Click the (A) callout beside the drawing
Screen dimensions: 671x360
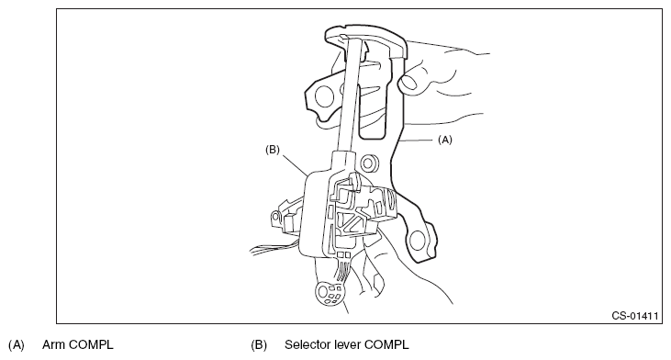pos(444,140)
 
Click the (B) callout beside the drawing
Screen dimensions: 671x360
pos(273,150)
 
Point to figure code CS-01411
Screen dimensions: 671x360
pos(634,316)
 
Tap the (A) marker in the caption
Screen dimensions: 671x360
pos(17,344)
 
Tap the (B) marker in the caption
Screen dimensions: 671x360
pos(259,344)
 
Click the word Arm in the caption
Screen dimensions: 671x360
pos(53,344)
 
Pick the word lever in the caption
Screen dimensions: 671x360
pos(347,344)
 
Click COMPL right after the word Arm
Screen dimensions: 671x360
pos(91,344)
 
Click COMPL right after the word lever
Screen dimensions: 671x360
pos(386,344)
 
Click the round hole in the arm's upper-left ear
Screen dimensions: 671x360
pos(324,96)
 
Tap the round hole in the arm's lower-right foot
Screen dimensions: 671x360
pos(417,241)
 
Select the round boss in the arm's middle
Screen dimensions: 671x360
pos(368,163)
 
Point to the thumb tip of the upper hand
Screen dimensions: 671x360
pos(408,82)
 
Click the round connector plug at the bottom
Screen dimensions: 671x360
pos(330,293)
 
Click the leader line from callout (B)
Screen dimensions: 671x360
pos(294,164)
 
